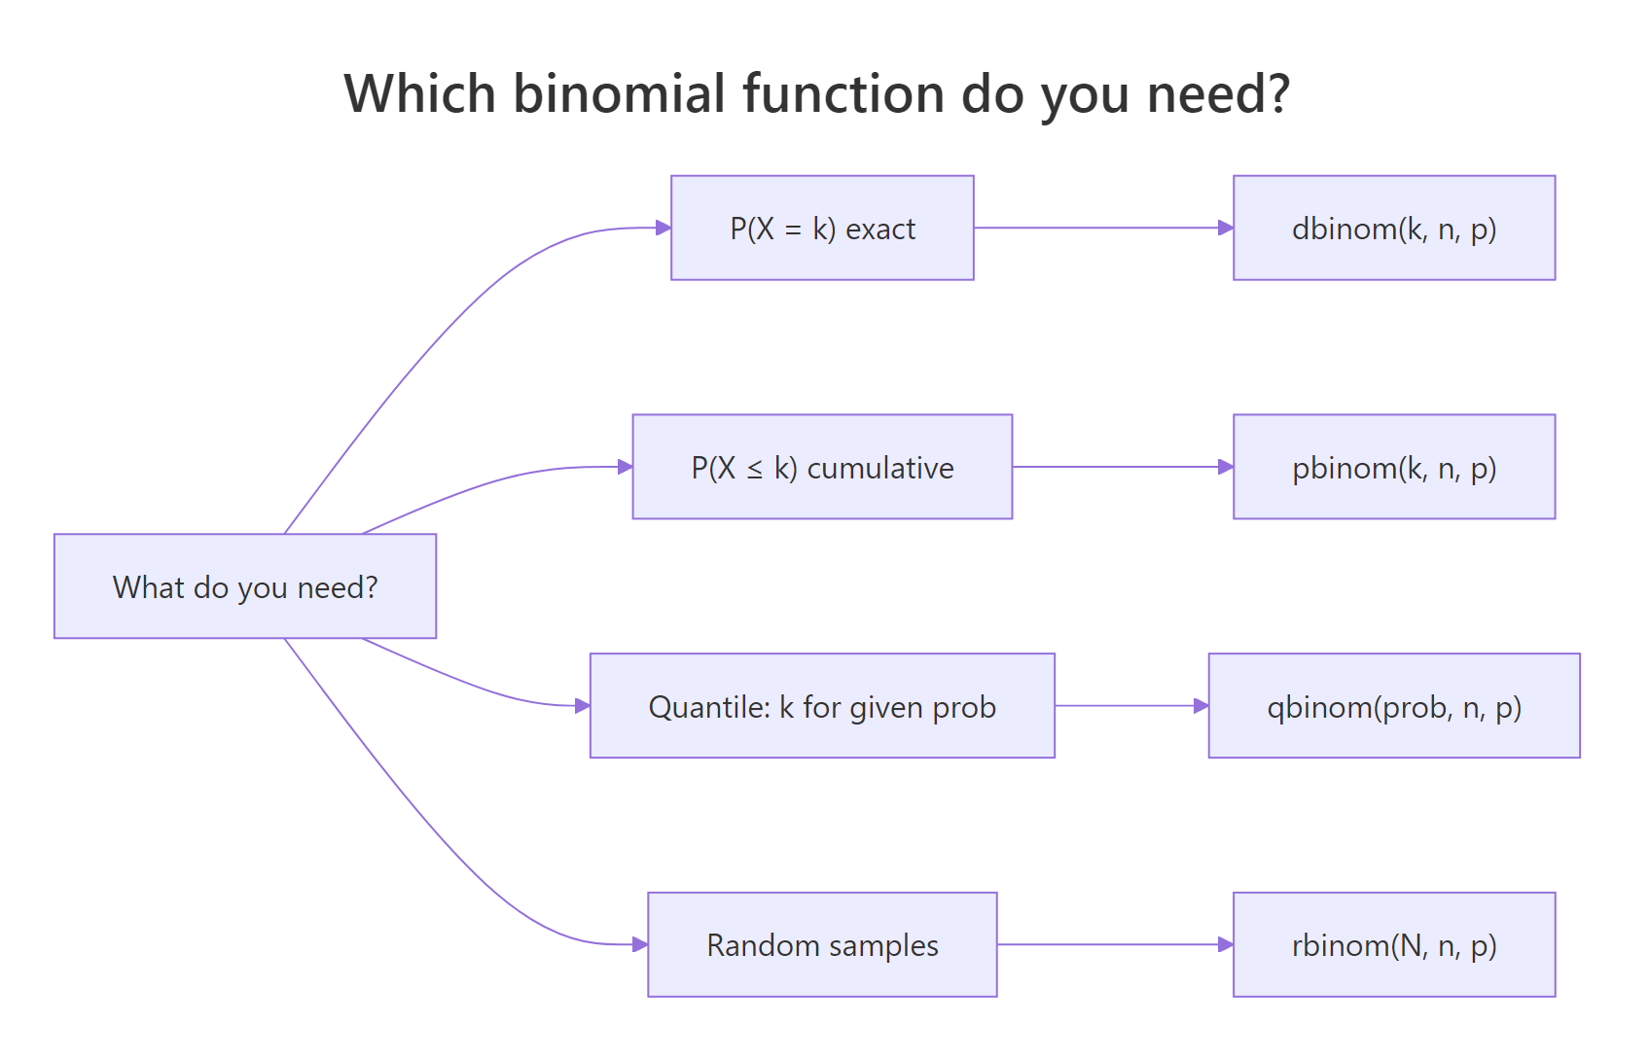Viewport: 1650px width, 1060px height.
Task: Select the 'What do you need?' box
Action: click(x=245, y=586)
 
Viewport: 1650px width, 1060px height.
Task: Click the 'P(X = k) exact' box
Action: click(x=822, y=229)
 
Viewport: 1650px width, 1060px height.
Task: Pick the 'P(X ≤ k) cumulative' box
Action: click(x=822, y=468)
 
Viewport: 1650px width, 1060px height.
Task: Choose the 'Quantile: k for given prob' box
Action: click(x=822, y=707)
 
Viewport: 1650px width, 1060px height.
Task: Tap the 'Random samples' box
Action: click(x=822, y=945)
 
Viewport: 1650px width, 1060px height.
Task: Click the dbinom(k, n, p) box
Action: click(x=1393, y=229)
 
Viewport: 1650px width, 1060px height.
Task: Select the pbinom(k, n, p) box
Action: click(x=1393, y=468)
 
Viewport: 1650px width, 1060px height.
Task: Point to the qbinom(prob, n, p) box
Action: click(x=1393, y=707)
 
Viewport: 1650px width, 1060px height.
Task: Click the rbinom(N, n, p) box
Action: click(x=1393, y=945)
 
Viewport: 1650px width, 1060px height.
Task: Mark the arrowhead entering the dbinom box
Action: click(x=1226, y=228)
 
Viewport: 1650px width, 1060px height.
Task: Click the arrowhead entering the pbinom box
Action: click(x=1226, y=467)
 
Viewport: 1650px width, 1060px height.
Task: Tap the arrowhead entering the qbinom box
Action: click(x=1202, y=706)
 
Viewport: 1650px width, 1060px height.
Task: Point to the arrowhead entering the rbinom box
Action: click(x=1226, y=944)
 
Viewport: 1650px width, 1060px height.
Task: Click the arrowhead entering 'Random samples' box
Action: click(x=640, y=944)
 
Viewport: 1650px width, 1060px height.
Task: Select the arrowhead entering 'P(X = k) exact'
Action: click(x=664, y=228)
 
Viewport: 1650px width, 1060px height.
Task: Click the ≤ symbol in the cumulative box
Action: click(x=755, y=470)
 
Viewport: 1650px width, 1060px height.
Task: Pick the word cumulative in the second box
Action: click(x=880, y=469)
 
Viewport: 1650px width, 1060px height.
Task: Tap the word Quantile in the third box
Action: click(x=695, y=707)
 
